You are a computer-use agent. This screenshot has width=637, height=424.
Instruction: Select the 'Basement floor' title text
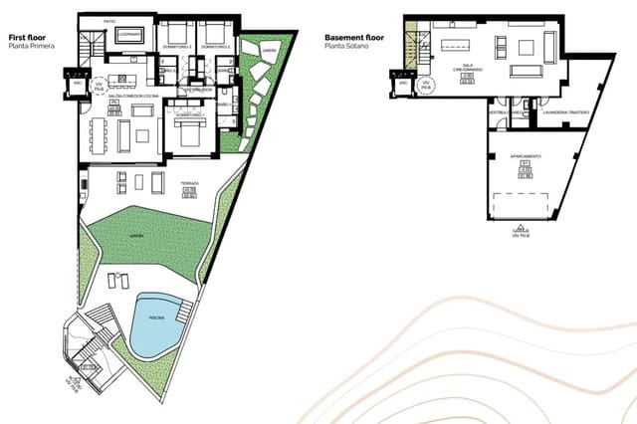point(353,37)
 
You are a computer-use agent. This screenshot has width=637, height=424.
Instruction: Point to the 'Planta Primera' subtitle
point(31,46)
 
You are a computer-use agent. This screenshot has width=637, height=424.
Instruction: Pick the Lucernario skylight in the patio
point(128,35)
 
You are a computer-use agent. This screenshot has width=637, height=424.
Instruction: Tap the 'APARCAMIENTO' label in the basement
point(527,156)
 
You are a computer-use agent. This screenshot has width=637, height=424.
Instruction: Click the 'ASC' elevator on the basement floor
point(403,84)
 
